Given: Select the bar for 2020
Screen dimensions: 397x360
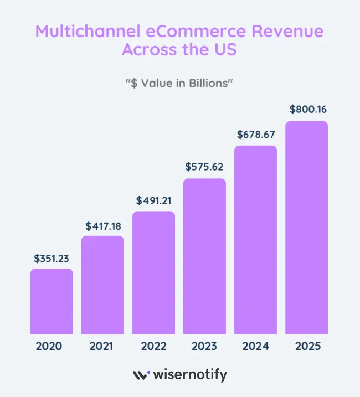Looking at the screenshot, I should [52, 301].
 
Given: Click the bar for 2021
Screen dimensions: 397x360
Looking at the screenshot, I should [102, 285].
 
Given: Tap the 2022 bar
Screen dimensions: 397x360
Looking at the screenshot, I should [153, 272].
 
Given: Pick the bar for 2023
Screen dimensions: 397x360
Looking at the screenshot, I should [204, 256].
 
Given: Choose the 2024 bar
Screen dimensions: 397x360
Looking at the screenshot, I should [255, 240].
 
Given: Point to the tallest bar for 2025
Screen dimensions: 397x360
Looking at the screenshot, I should [306, 228].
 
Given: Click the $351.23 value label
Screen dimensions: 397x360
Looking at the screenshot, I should [52, 258].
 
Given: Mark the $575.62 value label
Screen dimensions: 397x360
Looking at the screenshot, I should [204, 167].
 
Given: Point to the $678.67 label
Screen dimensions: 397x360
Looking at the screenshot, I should [255, 134].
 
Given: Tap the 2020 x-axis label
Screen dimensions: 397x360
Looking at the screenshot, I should [49, 347].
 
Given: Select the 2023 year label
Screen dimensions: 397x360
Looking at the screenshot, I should [204, 347].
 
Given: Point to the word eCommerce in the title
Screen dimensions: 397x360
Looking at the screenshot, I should [197, 31].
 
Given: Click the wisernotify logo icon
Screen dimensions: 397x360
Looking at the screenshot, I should [141, 375].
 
